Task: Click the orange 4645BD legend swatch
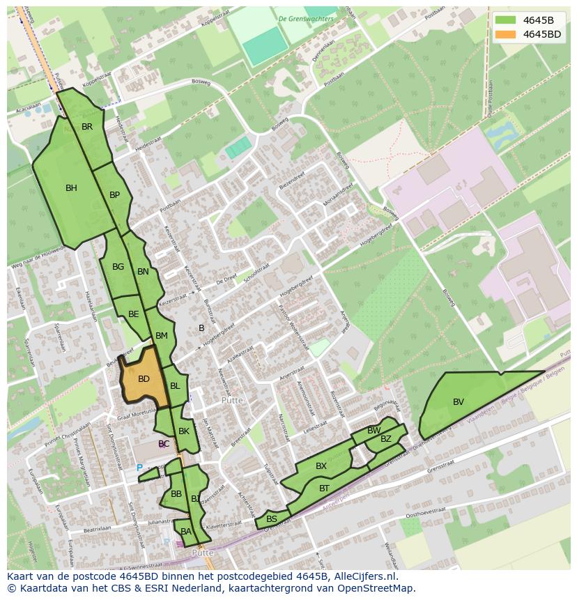pos(506,34)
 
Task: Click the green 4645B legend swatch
pos(506,20)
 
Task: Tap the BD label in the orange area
pos(144,379)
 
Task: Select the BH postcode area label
pos(71,188)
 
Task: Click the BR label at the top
pos(87,127)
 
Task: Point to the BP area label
pos(115,195)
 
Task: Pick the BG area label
pos(118,267)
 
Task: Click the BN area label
pos(143,272)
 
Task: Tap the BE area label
pos(133,314)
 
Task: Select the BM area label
pos(162,336)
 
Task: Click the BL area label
pos(175,386)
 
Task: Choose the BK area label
pos(184,431)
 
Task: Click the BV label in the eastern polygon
pos(459,402)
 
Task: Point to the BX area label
pos(321,466)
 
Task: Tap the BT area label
pos(324,489)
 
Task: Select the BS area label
pos(272,519)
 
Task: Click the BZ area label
pos(385,439)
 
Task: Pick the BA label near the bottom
pos(185,532)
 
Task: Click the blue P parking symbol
pos(139,468)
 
